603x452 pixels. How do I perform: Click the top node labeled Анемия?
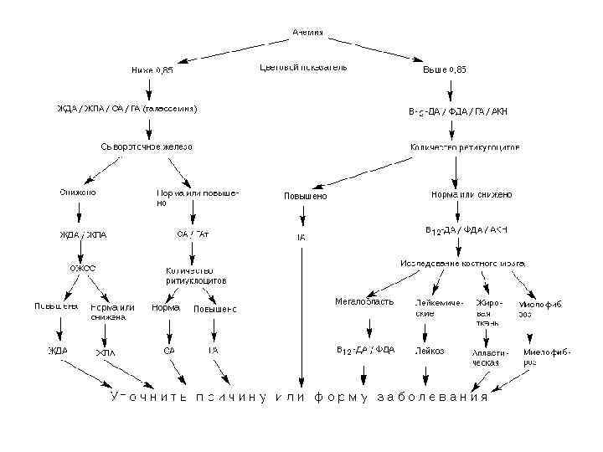(x=308, y=32)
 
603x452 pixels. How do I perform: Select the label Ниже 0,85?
(x=152, y=70)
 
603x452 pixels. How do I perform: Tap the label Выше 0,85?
(x=445, y=70)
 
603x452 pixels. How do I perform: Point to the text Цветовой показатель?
(x=303, y=67)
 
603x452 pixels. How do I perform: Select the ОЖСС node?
(x=82, y=268)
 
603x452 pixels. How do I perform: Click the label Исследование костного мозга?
(x=463, y=263)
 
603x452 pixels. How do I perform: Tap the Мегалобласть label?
(x=363, y=301)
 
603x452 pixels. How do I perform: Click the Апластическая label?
(x=486, y=357)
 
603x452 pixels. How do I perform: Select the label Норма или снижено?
(x=472, y=194)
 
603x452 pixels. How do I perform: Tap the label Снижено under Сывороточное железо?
(x=77, y=193)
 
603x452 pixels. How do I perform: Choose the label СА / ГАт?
(x=193, y=234)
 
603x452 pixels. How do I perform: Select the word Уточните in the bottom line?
(x=148, y=397)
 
